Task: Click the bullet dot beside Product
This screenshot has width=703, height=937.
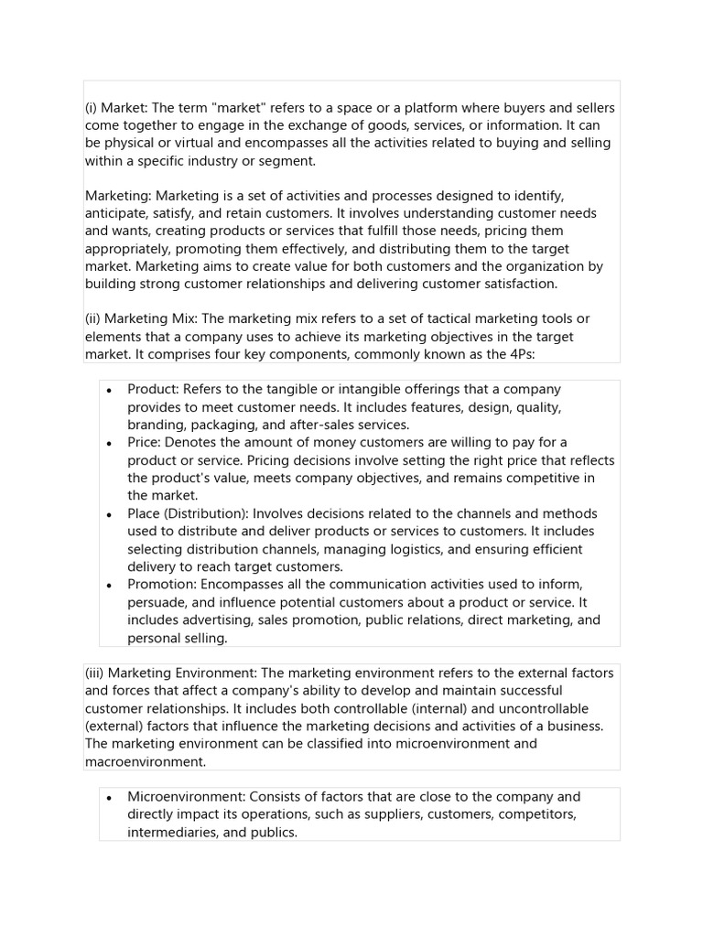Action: pyautogui.click(x=109, y=390)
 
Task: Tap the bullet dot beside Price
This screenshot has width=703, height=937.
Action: pyautogui.click(x=109, y=443)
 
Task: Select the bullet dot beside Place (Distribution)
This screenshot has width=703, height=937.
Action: pyautogui.click(x=109, y=514)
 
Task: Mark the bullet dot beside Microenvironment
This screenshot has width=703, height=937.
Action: pyautogui.click(x=109, y=797)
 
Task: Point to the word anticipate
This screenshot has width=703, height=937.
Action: pyautogui.click(x=116, y=214)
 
